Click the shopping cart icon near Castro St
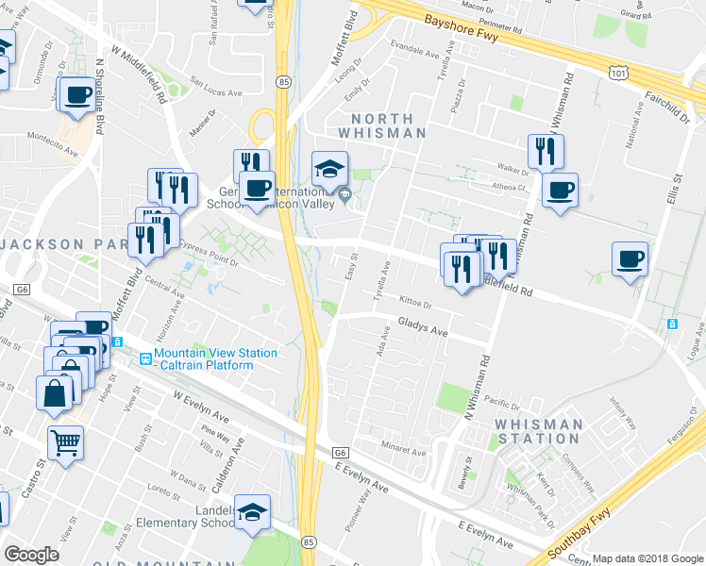click(x=65, y=441)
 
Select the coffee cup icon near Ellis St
click(x=630, y=258)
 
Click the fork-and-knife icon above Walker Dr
click(x=546, y=151)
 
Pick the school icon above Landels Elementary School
click(x=252, y=512)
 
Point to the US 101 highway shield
click(x=616, y=71)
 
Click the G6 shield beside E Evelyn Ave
click(x=341, y=453)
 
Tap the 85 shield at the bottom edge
click(x=309, y=542)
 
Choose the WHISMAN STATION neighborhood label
click(x=538, y=431)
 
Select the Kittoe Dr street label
click(x=414, y=305)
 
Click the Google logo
click(x=32, y=555)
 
